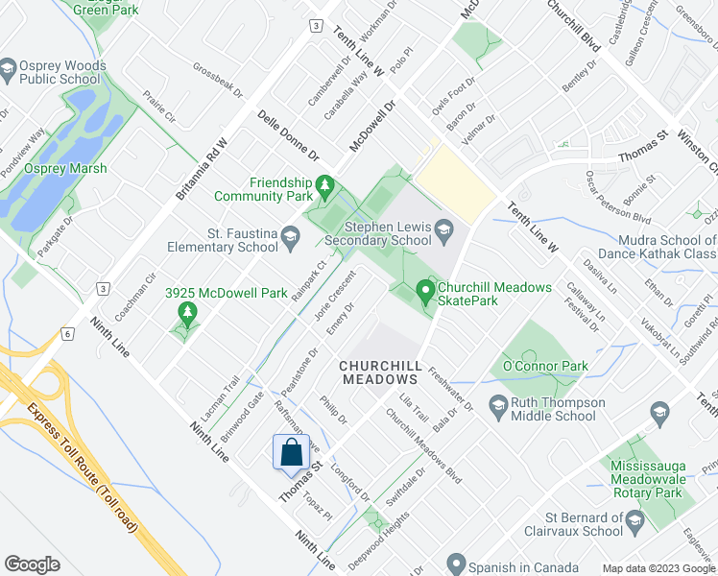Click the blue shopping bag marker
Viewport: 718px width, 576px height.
[291, 452]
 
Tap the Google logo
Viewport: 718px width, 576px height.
[33, 564]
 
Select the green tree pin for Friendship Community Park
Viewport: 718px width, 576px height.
[325, 183]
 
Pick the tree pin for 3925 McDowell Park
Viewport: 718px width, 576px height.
[188, 312]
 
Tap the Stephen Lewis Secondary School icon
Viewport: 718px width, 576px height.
[443, 228]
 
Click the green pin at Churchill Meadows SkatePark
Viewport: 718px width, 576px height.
[425, 288]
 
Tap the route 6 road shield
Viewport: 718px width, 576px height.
[66, 333]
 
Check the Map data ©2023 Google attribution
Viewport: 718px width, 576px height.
[657, 568]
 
